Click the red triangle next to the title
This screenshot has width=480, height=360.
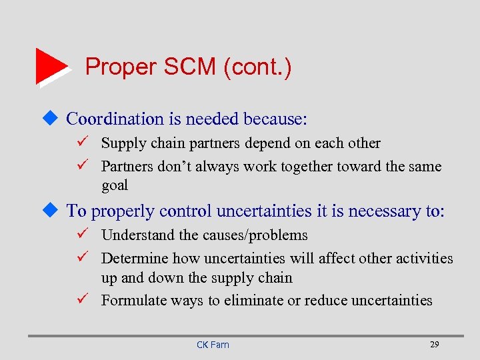click(x=51, y=66)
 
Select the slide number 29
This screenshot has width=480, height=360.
click(x=434, y=344)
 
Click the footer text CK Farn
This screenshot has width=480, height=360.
click(x=213, y=345)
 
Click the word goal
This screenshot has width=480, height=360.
click(x=114, y=185)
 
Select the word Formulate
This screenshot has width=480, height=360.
click(x=131, y=300)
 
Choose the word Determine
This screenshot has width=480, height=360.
click(x=134, y=258)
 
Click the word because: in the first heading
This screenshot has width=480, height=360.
click(x=275, y=119)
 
